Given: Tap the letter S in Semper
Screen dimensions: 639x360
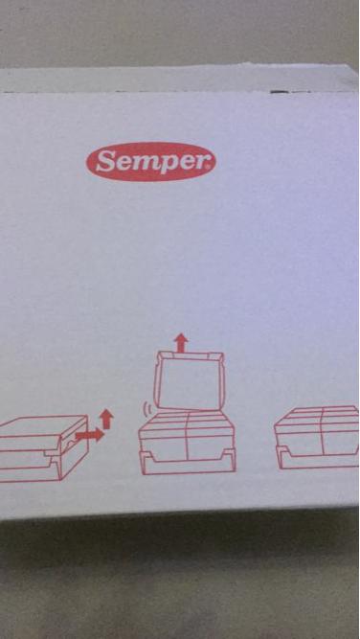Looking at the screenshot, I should click(x=107, y=162).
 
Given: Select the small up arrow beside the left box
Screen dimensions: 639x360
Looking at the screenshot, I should click(x=106, y=418).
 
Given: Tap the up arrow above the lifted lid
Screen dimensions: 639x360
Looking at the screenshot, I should click(x=179, y=341).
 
